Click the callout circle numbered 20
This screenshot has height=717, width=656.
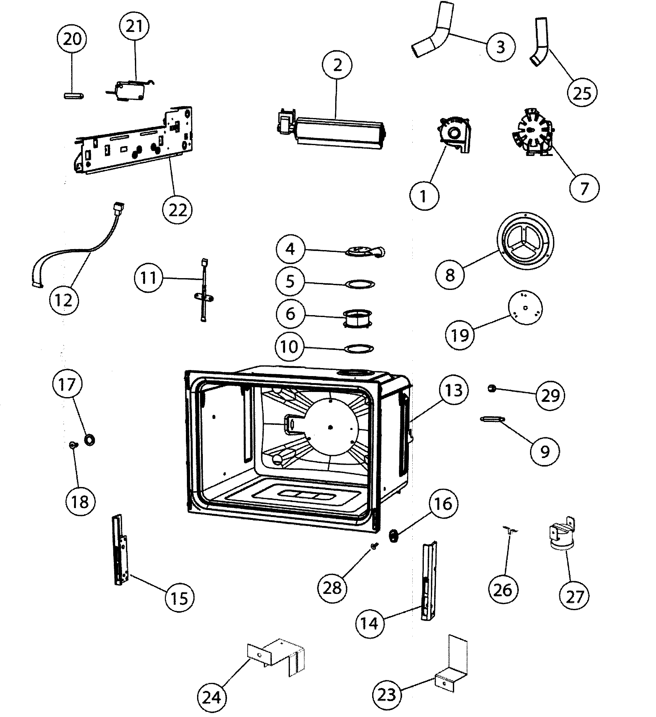(x=72, y=39)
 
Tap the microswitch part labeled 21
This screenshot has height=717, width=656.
(x=130, y=90)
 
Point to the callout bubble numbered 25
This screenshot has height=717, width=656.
(x=582, y=93)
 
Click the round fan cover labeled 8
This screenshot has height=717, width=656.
(x=525, y=240)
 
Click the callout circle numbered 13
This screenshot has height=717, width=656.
(x=453, y=390)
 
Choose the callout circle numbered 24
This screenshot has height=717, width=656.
(x=212, y=698)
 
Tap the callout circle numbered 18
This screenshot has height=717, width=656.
(x=80, y=502)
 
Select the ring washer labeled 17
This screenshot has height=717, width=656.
(x=90, y=440)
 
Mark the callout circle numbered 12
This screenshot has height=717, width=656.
(x=64, y=300)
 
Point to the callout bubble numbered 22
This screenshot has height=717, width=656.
(x=177, y=210)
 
